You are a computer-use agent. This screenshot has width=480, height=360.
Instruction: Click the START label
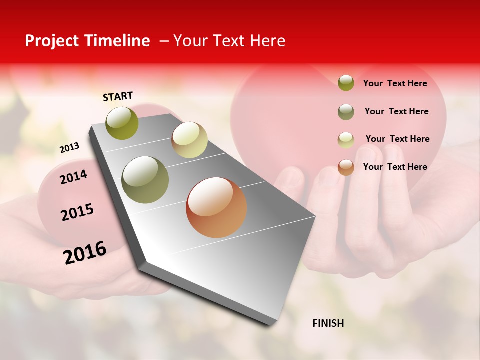pyautogui.click(x=118, y=96)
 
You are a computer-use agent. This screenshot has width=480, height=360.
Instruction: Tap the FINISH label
pyautogui.click(x=328, y=323)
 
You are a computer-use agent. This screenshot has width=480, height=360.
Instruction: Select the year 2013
pyautogui.click(x=69, y=148)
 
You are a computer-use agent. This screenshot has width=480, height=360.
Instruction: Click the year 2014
pyautogui.click(x=73, y=177)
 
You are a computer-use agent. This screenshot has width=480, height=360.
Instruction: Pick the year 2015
pyautogui.click(x=77, y=212)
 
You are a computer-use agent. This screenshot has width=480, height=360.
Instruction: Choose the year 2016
pyautogui.click(x=85, y=252)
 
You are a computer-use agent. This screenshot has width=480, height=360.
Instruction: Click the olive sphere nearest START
pyautogui.click(x=122, y=123)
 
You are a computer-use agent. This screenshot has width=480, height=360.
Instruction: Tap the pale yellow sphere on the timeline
pyautogui.click(x=189, y=140)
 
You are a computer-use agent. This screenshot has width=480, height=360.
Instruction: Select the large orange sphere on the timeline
pyautogui.click(x=216, y=207)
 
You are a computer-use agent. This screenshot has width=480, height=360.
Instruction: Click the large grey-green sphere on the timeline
pyautogui.click(x=145, y=180)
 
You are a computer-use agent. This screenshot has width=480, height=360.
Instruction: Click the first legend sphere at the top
pyautogui.click(x=346, y=83)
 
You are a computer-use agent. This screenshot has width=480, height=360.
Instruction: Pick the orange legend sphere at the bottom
pyautogui.click(x=346, y=167)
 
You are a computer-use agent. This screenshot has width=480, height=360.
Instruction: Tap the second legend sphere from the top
pyautogui.click(x=346, y=111)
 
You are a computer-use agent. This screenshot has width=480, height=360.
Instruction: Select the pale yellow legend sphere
pyautogui.click(x=346, y=139)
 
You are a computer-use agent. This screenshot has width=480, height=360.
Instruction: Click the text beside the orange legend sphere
pyautogui.click(x=395, y=167)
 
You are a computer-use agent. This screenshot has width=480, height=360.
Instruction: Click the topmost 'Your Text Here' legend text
pyautogui.click(x=395, y=83)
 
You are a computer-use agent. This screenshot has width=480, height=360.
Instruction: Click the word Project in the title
pyautogui.click(x=52, y=41)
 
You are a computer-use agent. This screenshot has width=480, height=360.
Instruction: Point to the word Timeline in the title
pyautogui.click(x=119, y=41)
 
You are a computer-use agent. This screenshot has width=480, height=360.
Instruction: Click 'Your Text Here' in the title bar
pyautogui.click(x=229, y=41)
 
